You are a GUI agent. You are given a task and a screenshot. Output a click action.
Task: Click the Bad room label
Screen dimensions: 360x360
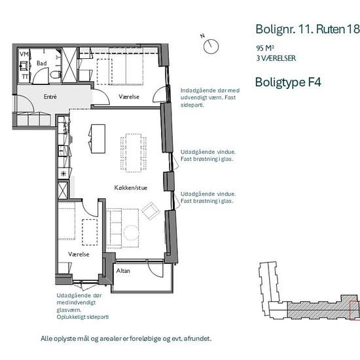tap(41, 63)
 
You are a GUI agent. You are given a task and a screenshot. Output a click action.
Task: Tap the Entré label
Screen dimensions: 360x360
tap(50, 97)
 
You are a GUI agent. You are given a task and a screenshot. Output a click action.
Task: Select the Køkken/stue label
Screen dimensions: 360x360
tap(131, 188)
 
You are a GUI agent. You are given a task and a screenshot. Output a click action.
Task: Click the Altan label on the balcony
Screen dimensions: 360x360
tap(123, 271)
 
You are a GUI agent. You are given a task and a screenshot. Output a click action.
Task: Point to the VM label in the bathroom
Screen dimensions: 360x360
tap(24, 54)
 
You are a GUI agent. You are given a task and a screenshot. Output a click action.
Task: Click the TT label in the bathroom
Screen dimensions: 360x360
tap(25, 77)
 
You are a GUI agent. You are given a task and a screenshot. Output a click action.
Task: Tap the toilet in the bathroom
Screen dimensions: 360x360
tap(56, 74)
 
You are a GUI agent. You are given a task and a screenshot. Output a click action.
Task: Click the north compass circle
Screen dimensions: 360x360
tap(211, 46)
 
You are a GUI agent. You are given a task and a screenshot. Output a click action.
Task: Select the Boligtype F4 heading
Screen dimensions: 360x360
tap(288, 82)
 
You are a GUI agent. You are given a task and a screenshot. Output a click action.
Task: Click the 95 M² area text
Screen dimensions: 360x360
tap(265, 48)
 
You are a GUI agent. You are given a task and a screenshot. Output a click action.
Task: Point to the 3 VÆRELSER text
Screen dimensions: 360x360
tap(276, 58)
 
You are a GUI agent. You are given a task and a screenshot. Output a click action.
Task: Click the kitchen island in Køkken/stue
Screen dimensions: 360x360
tap(98, 139)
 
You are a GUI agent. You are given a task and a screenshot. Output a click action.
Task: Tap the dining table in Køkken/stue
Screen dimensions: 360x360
tap(134, 153)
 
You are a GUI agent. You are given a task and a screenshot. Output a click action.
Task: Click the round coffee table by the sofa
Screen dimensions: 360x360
tap(131, 233)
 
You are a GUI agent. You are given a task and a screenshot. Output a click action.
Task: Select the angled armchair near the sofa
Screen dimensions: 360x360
tap(151, 211)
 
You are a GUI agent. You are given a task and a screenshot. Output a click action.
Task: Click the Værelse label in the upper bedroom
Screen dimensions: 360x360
tap(129, 97)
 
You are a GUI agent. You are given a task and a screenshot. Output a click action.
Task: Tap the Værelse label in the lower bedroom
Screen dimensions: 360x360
tap(79, 254)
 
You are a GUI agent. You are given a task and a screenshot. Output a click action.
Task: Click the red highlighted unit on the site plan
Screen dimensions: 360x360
tap(354, 310)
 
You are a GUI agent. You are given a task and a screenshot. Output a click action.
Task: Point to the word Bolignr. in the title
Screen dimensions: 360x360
tap(276, 29)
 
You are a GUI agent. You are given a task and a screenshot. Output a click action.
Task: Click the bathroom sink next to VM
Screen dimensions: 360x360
tap(24, 66)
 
